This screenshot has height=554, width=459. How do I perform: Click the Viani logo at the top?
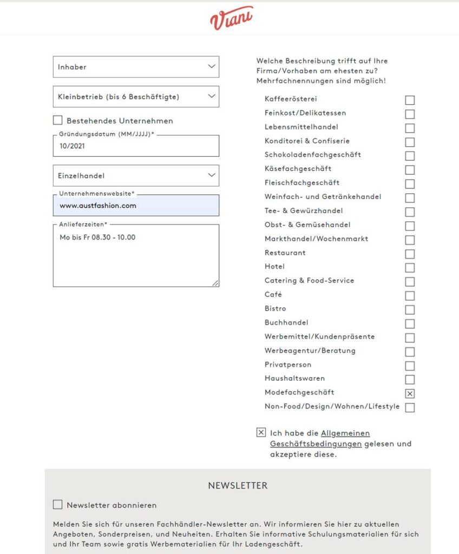pyautogui.click(x=231, y=18)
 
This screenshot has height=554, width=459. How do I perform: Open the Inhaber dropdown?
pyautogui.click(x=136, y=67)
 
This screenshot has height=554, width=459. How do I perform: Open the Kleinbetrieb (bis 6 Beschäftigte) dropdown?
pyautogui.click(x=136, y=97)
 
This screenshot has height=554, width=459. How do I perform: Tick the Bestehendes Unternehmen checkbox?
pyautogui.click(x=58, y=121)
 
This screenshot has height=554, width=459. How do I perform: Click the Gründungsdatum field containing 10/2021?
pyautogui.click(x=136, y=146)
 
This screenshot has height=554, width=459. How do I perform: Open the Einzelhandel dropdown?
pyautogui.click(x=136, y=176)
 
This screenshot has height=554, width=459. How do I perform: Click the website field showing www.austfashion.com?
pyautogui.click(x=136, y=206)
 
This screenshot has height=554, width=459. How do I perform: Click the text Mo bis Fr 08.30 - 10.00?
pyautogui.click(x=97, y=238)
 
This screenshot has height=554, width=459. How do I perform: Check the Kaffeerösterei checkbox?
pyautogui.click(x=410, y=100)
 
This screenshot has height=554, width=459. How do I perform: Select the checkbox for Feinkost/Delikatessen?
pyautogui.click(x=410, y=114)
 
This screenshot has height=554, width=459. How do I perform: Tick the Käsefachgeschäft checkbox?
pyautogui.click(x=410, y=170)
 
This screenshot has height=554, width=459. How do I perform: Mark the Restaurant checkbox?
pyautogui.click(x=410, y=254)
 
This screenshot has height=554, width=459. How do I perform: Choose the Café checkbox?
pyautogui.click(x=410, y=296)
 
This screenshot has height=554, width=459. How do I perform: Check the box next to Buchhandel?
pyautogui.click(x=410, y=324)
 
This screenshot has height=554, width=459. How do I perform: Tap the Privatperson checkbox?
pyautogui.click(x=410, y=366)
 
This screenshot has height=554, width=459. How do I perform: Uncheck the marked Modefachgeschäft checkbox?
pyautogui.click(x=410, y=394)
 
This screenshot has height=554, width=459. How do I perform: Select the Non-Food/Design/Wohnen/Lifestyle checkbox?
pyautogui.click(x=410, y=407)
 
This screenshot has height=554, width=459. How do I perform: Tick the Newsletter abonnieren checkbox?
pyautogui.click(x=58, y=505)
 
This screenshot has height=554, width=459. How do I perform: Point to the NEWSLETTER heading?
pyautogui.click(x=238, y=486)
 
